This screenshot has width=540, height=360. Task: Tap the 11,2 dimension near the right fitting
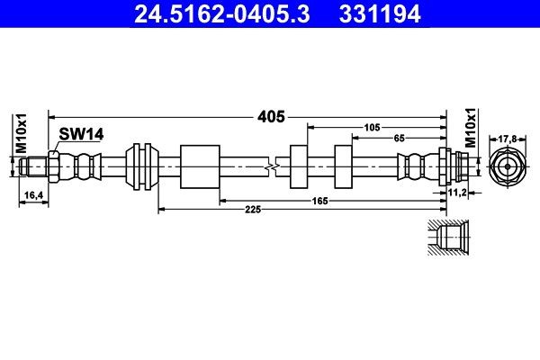click(x=458, y=193)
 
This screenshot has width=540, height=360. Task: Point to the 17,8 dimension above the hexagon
click(x=507, y=139)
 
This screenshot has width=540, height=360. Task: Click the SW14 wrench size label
click(x=82, y=134)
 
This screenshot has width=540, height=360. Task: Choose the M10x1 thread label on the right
click(x=470, y=126)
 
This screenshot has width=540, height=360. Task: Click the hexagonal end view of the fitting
click(x=507, y=166)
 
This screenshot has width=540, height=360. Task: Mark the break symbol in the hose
click(x=272, y=166)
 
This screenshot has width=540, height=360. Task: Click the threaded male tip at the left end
click(x=35, y=166)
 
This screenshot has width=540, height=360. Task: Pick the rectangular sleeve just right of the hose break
click(x=299, y=166)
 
